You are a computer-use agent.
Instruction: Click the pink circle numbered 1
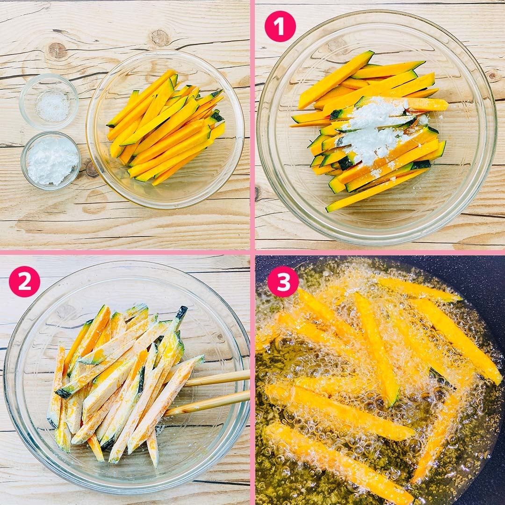point(280,26)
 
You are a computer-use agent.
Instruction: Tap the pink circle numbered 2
point(24,281)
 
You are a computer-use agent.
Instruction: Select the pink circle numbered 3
point(283,281)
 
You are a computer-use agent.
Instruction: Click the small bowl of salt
point(49,101)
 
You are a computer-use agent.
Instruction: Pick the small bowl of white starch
point(51,160)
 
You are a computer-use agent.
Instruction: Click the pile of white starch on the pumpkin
point(375,130)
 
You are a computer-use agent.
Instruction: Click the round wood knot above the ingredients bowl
point(160,38)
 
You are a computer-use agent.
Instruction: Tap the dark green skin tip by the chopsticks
point(181,312)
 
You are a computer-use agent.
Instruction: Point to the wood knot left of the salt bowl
point(58,50)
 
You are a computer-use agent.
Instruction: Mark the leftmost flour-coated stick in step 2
point(57,385)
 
